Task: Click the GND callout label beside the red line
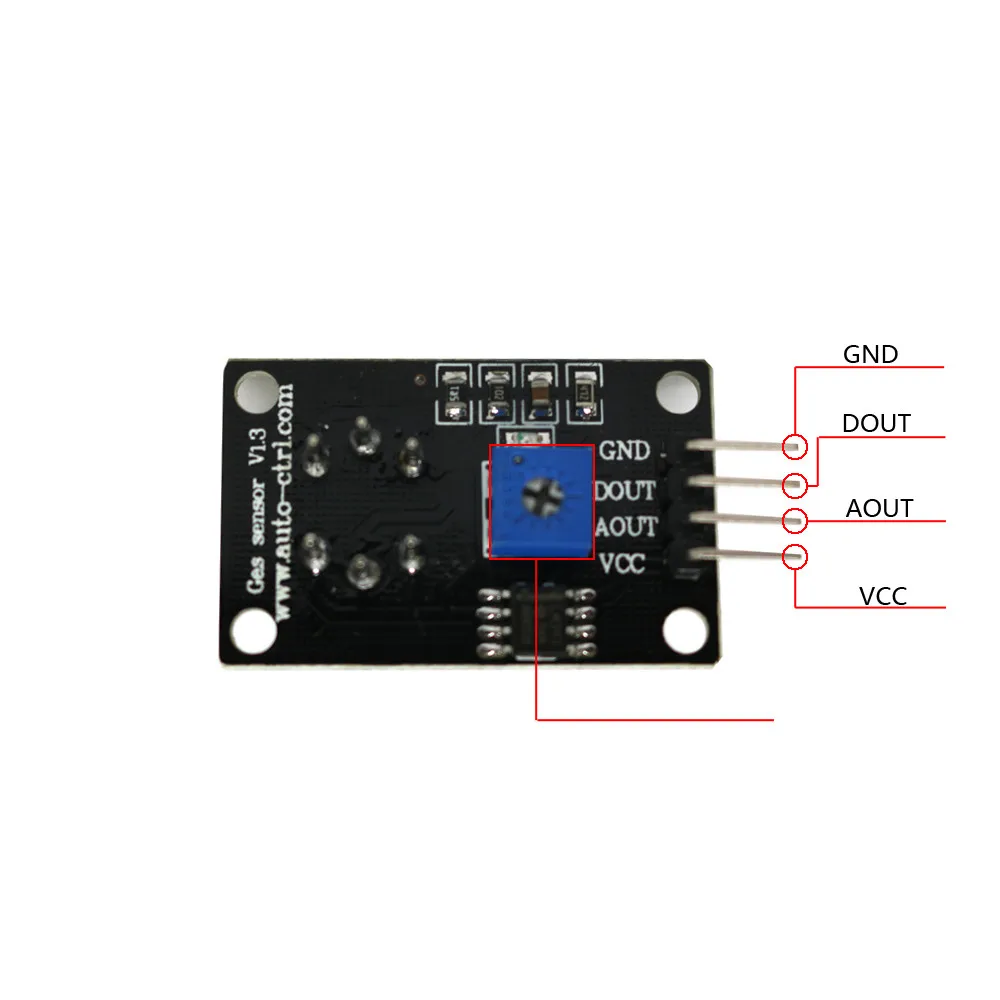[x=870, y=354]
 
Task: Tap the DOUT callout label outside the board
[x=876, y=423]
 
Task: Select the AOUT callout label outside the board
[x=879, y=508]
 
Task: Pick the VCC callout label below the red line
[x=883, y=597]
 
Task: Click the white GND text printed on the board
[x=624, y=452]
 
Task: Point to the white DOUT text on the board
[x=626, y=490]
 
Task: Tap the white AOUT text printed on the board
[x=627, y=526]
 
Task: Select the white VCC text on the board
[x=621, y=563]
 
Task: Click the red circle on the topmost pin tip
[x=795, y=446]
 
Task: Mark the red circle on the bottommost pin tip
[x=795, y=557]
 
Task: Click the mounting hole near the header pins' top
[x=679, y=391]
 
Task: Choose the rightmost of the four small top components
[x=584, y=391]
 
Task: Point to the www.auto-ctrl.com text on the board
[x=284, y=499]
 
